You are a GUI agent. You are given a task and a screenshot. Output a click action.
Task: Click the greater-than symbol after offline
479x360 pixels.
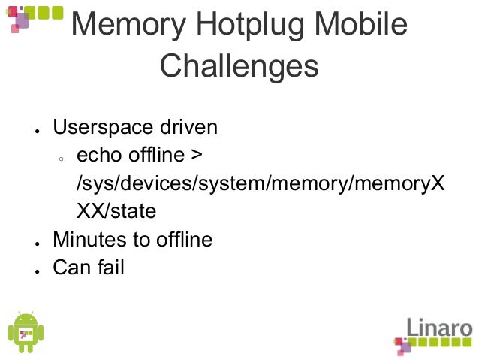(195, 156)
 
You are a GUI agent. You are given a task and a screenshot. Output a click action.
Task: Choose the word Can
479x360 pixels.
(70, 267)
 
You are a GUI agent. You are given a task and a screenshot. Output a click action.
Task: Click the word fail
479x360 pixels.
(109, 267)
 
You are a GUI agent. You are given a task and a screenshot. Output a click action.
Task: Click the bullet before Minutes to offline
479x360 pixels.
(35, 243)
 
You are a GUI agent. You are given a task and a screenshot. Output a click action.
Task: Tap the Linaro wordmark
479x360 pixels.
(439, 329)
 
